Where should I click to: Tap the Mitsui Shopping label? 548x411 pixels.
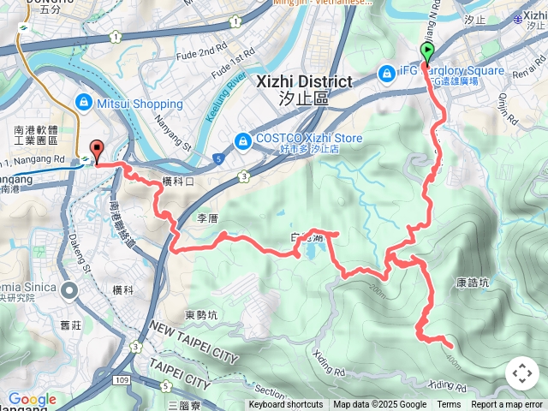pyautogui.click(x=140, y=104)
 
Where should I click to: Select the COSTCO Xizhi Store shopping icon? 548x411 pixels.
pyautogui.click(x=244, y=140)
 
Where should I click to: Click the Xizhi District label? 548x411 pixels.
pyautogui.click(x=304, y=82)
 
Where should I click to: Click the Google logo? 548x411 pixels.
pyautogui.click(x=33, y=399)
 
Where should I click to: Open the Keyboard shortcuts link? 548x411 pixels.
pyautogui.click(x=286, y=405)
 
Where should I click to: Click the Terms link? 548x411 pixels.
pyautogui.click(x=449, y=405)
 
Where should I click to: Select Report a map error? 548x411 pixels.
pyautogui.click(x=507, y=405)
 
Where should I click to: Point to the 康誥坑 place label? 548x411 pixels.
pyautogui.click(x=473, y=282)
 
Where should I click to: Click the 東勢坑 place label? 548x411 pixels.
pyautogui.click(x=201, y=314)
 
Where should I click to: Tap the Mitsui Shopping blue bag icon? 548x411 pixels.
pyautogui.click(x=83, y=104)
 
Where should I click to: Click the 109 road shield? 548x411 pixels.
pyautogui.click(x=122, y=378)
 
